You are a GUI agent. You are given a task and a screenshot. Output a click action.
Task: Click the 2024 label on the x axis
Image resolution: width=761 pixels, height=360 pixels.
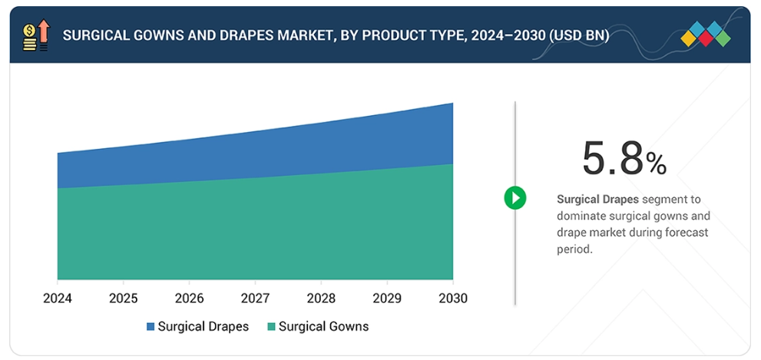(58, 298)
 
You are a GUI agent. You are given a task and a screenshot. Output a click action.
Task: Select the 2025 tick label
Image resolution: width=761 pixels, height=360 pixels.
(123, 298)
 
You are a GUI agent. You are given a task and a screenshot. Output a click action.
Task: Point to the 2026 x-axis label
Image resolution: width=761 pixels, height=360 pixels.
(189, 298)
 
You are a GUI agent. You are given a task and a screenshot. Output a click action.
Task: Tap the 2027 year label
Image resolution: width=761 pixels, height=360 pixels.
(255, 298)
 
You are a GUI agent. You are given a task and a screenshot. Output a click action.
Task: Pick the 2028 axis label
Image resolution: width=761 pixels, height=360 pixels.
(320, 298)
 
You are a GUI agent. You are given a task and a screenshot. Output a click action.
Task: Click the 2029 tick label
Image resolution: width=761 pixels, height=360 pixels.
(386, 298)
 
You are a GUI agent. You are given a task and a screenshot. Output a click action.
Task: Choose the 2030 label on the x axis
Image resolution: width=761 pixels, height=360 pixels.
(452, 298)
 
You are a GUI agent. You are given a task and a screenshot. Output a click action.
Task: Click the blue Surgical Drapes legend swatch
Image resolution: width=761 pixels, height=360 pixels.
(151, 327)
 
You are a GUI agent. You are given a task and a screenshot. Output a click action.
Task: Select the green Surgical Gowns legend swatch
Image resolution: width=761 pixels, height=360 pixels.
(271, 327)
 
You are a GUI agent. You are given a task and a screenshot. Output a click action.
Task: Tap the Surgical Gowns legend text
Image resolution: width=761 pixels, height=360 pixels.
(323, 326)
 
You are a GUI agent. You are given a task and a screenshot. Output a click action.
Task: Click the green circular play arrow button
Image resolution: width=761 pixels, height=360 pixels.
(515, 198)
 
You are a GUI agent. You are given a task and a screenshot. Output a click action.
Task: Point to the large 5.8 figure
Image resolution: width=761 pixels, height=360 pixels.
(612, 159)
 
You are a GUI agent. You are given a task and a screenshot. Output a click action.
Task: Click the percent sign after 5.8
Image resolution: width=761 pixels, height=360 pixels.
(656, 163)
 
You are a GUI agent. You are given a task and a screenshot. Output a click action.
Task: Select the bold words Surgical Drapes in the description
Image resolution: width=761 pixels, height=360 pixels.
(597, 200)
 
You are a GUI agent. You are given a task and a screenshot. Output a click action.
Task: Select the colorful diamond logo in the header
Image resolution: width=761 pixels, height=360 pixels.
(706, 34)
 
